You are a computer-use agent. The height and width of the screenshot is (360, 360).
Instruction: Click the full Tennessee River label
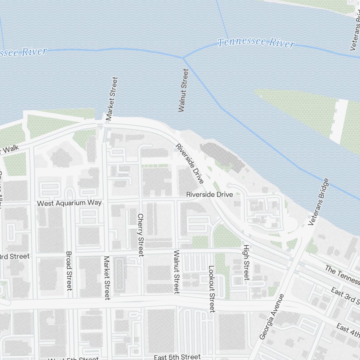click(x=256, y=42)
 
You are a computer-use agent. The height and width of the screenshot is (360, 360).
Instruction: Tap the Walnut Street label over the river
click(x=183, y=90)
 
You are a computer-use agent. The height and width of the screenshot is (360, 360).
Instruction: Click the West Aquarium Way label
click(x=69, y=203)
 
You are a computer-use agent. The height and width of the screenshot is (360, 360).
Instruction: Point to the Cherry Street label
click(x=140, y=235)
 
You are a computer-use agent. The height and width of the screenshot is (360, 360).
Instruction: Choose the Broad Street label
click(x=69, y=271)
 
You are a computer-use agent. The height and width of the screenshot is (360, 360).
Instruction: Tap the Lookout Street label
click(x=211, y=289)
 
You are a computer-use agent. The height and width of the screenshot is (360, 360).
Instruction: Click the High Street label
click(x=246, y=262)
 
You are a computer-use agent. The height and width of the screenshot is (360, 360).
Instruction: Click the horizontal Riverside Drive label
click(x=210, y=194)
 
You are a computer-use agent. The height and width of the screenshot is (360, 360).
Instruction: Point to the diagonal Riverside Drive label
click(x=190, y=163)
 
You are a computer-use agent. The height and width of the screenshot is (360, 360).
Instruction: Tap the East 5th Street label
click(x=177, y=357)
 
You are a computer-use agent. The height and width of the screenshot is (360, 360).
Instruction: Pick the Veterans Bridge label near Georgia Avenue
click(x=319, y=202)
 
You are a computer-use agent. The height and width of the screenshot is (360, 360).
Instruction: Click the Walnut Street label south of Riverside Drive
click(x=176, y=272)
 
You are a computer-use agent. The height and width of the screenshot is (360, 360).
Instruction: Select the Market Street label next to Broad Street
click(x=107, y=278)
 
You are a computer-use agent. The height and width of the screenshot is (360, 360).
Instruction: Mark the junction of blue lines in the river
click(x=183, y=58)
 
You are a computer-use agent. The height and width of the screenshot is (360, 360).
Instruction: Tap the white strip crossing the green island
click(x=339, y=121)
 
